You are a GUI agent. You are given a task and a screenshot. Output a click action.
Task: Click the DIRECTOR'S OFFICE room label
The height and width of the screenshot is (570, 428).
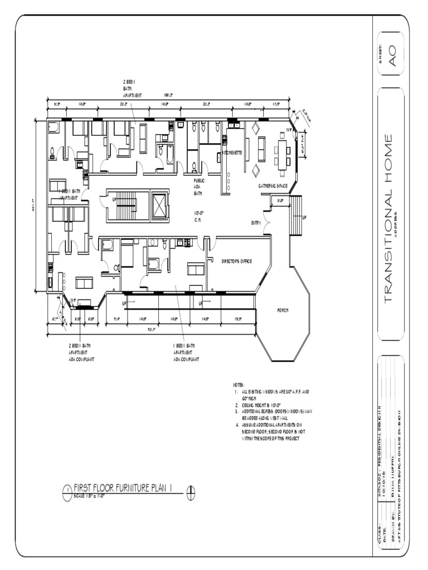pyautogui.click(x=237, y=261)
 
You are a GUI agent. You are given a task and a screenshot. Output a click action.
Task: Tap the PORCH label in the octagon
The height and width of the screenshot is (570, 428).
pyautogui.click(x=283, y=311)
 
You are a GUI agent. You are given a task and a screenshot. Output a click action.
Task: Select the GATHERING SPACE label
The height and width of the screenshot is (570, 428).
pyautogui.click(x=272, y=185)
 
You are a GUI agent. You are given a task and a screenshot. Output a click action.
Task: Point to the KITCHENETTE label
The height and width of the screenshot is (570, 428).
pyautogui.click(x=232, y=153)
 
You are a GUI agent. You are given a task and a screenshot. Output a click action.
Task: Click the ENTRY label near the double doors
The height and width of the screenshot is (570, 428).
pyautogui.click(x=256, y=223)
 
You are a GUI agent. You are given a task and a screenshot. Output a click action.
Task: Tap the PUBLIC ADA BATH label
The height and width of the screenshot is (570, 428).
pyautogui.click(x=199, y=187)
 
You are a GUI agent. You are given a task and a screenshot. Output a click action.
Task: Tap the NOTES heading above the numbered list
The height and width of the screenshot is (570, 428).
pyautogui.click(x=238, y=385)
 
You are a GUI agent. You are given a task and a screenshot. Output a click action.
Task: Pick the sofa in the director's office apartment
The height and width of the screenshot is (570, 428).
pyautogui.click(x=196, y=269)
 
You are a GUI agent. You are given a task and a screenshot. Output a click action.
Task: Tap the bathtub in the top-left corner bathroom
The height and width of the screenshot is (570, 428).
pyautogui.click(x=54, y=129)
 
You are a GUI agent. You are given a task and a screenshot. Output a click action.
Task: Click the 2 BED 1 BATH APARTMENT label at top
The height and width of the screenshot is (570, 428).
pyautogui.click(x=132, y=89)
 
